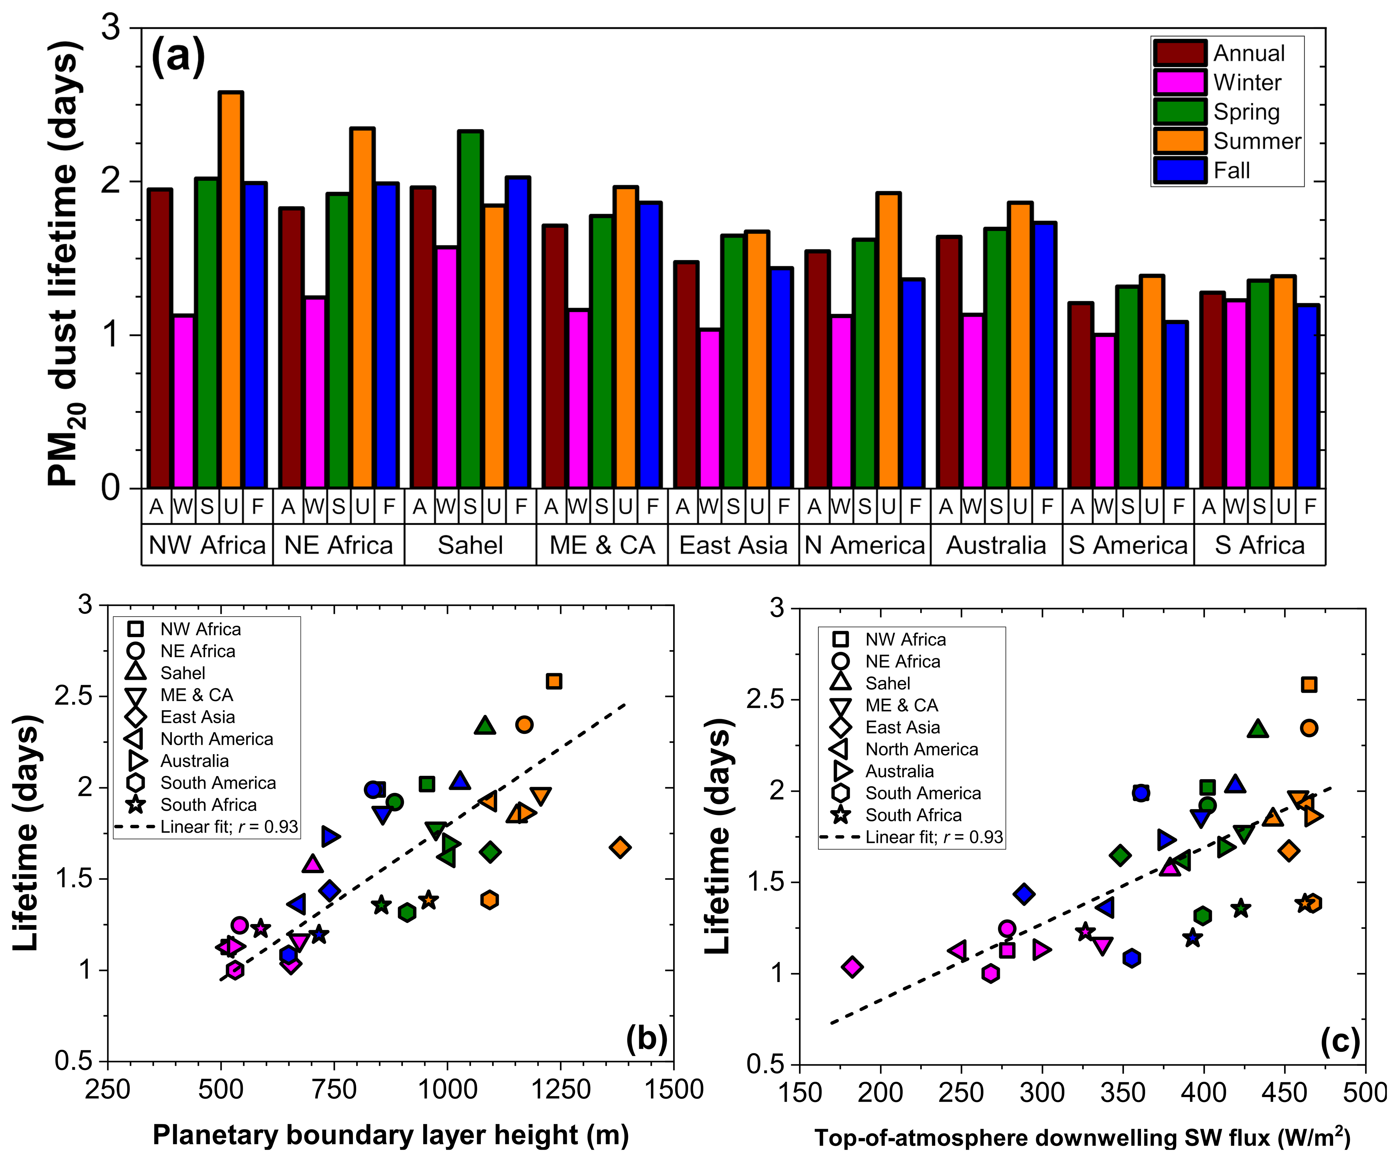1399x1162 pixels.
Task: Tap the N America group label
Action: (865, 545)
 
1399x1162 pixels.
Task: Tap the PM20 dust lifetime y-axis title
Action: (67, 263)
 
